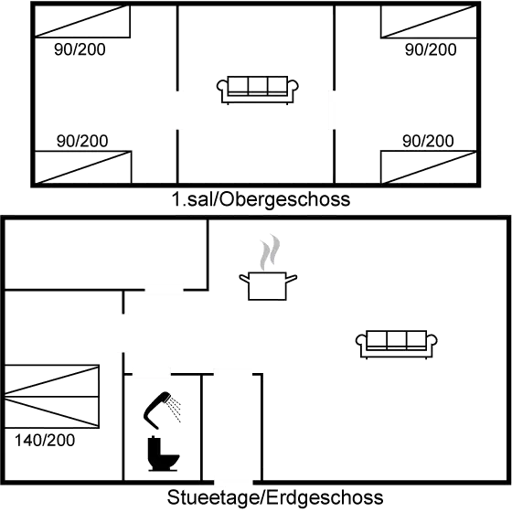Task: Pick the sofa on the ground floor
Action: (x=397, y=342)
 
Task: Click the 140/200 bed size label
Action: (x=46, y=440)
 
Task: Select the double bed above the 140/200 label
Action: (x=51, y=397)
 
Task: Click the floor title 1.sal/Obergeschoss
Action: (x=260, y=199)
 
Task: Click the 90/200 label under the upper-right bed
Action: (x=429, y=49)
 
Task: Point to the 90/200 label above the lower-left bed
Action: (x=82, y=140)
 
